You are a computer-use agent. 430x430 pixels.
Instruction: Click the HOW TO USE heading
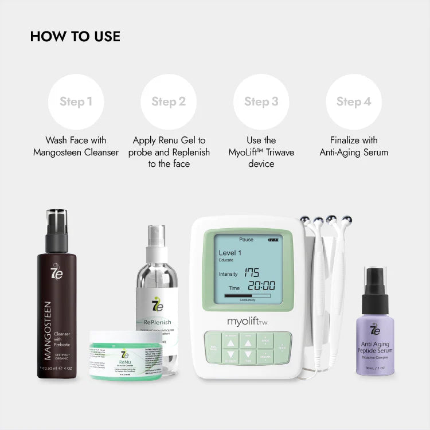(x=75, y=36)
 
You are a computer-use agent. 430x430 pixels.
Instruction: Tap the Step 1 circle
(x=76, y=102)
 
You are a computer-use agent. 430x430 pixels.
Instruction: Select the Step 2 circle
(x=169, y=102)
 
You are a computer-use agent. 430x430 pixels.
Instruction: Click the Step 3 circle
(x=261, y=102)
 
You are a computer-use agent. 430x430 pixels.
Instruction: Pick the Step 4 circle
(x=354, y=102)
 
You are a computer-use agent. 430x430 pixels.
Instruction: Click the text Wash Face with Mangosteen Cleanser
(x=76, y=146)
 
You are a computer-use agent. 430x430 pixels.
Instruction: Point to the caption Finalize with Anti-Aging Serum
(x=354, y=146)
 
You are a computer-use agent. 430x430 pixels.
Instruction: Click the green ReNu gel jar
(x=125, y=355)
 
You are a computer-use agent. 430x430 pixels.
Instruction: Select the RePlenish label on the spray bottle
(x=154, y=322)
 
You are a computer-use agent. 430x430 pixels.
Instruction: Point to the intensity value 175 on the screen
(x=252, y=272)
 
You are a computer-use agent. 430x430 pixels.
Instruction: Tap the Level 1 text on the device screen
(x=230, y=253)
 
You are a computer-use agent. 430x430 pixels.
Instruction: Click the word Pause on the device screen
(x=247, y=239)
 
